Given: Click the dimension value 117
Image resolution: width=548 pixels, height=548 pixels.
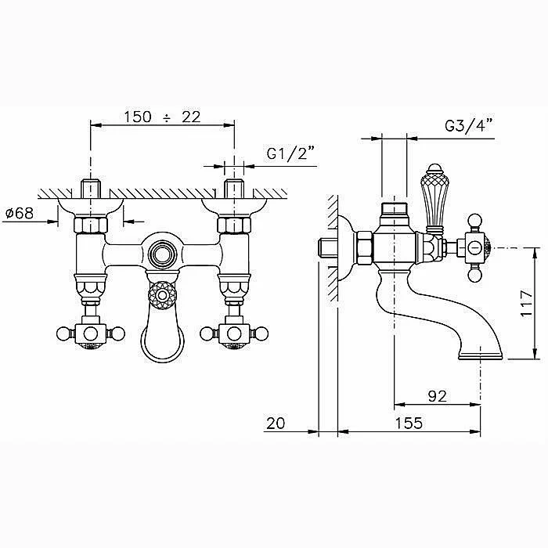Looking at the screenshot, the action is (526, 304).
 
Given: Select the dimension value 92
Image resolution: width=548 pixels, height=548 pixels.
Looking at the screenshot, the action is (437, 396).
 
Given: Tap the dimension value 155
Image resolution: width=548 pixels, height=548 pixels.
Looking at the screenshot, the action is (409, 424).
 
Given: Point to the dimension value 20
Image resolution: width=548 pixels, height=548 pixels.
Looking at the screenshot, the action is (276, 424).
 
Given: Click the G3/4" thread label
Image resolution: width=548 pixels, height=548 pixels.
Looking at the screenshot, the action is (468, 125).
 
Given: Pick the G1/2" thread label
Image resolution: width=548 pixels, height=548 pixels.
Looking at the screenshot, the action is (290, 153).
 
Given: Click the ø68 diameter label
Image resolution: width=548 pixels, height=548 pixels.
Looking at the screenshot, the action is (20, 213).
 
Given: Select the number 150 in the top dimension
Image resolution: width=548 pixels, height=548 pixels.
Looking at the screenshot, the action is (138, 117).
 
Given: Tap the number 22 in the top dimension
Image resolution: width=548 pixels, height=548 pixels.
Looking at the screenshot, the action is (191, 117).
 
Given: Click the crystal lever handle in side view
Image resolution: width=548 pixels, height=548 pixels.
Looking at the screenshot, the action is (434, 199).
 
